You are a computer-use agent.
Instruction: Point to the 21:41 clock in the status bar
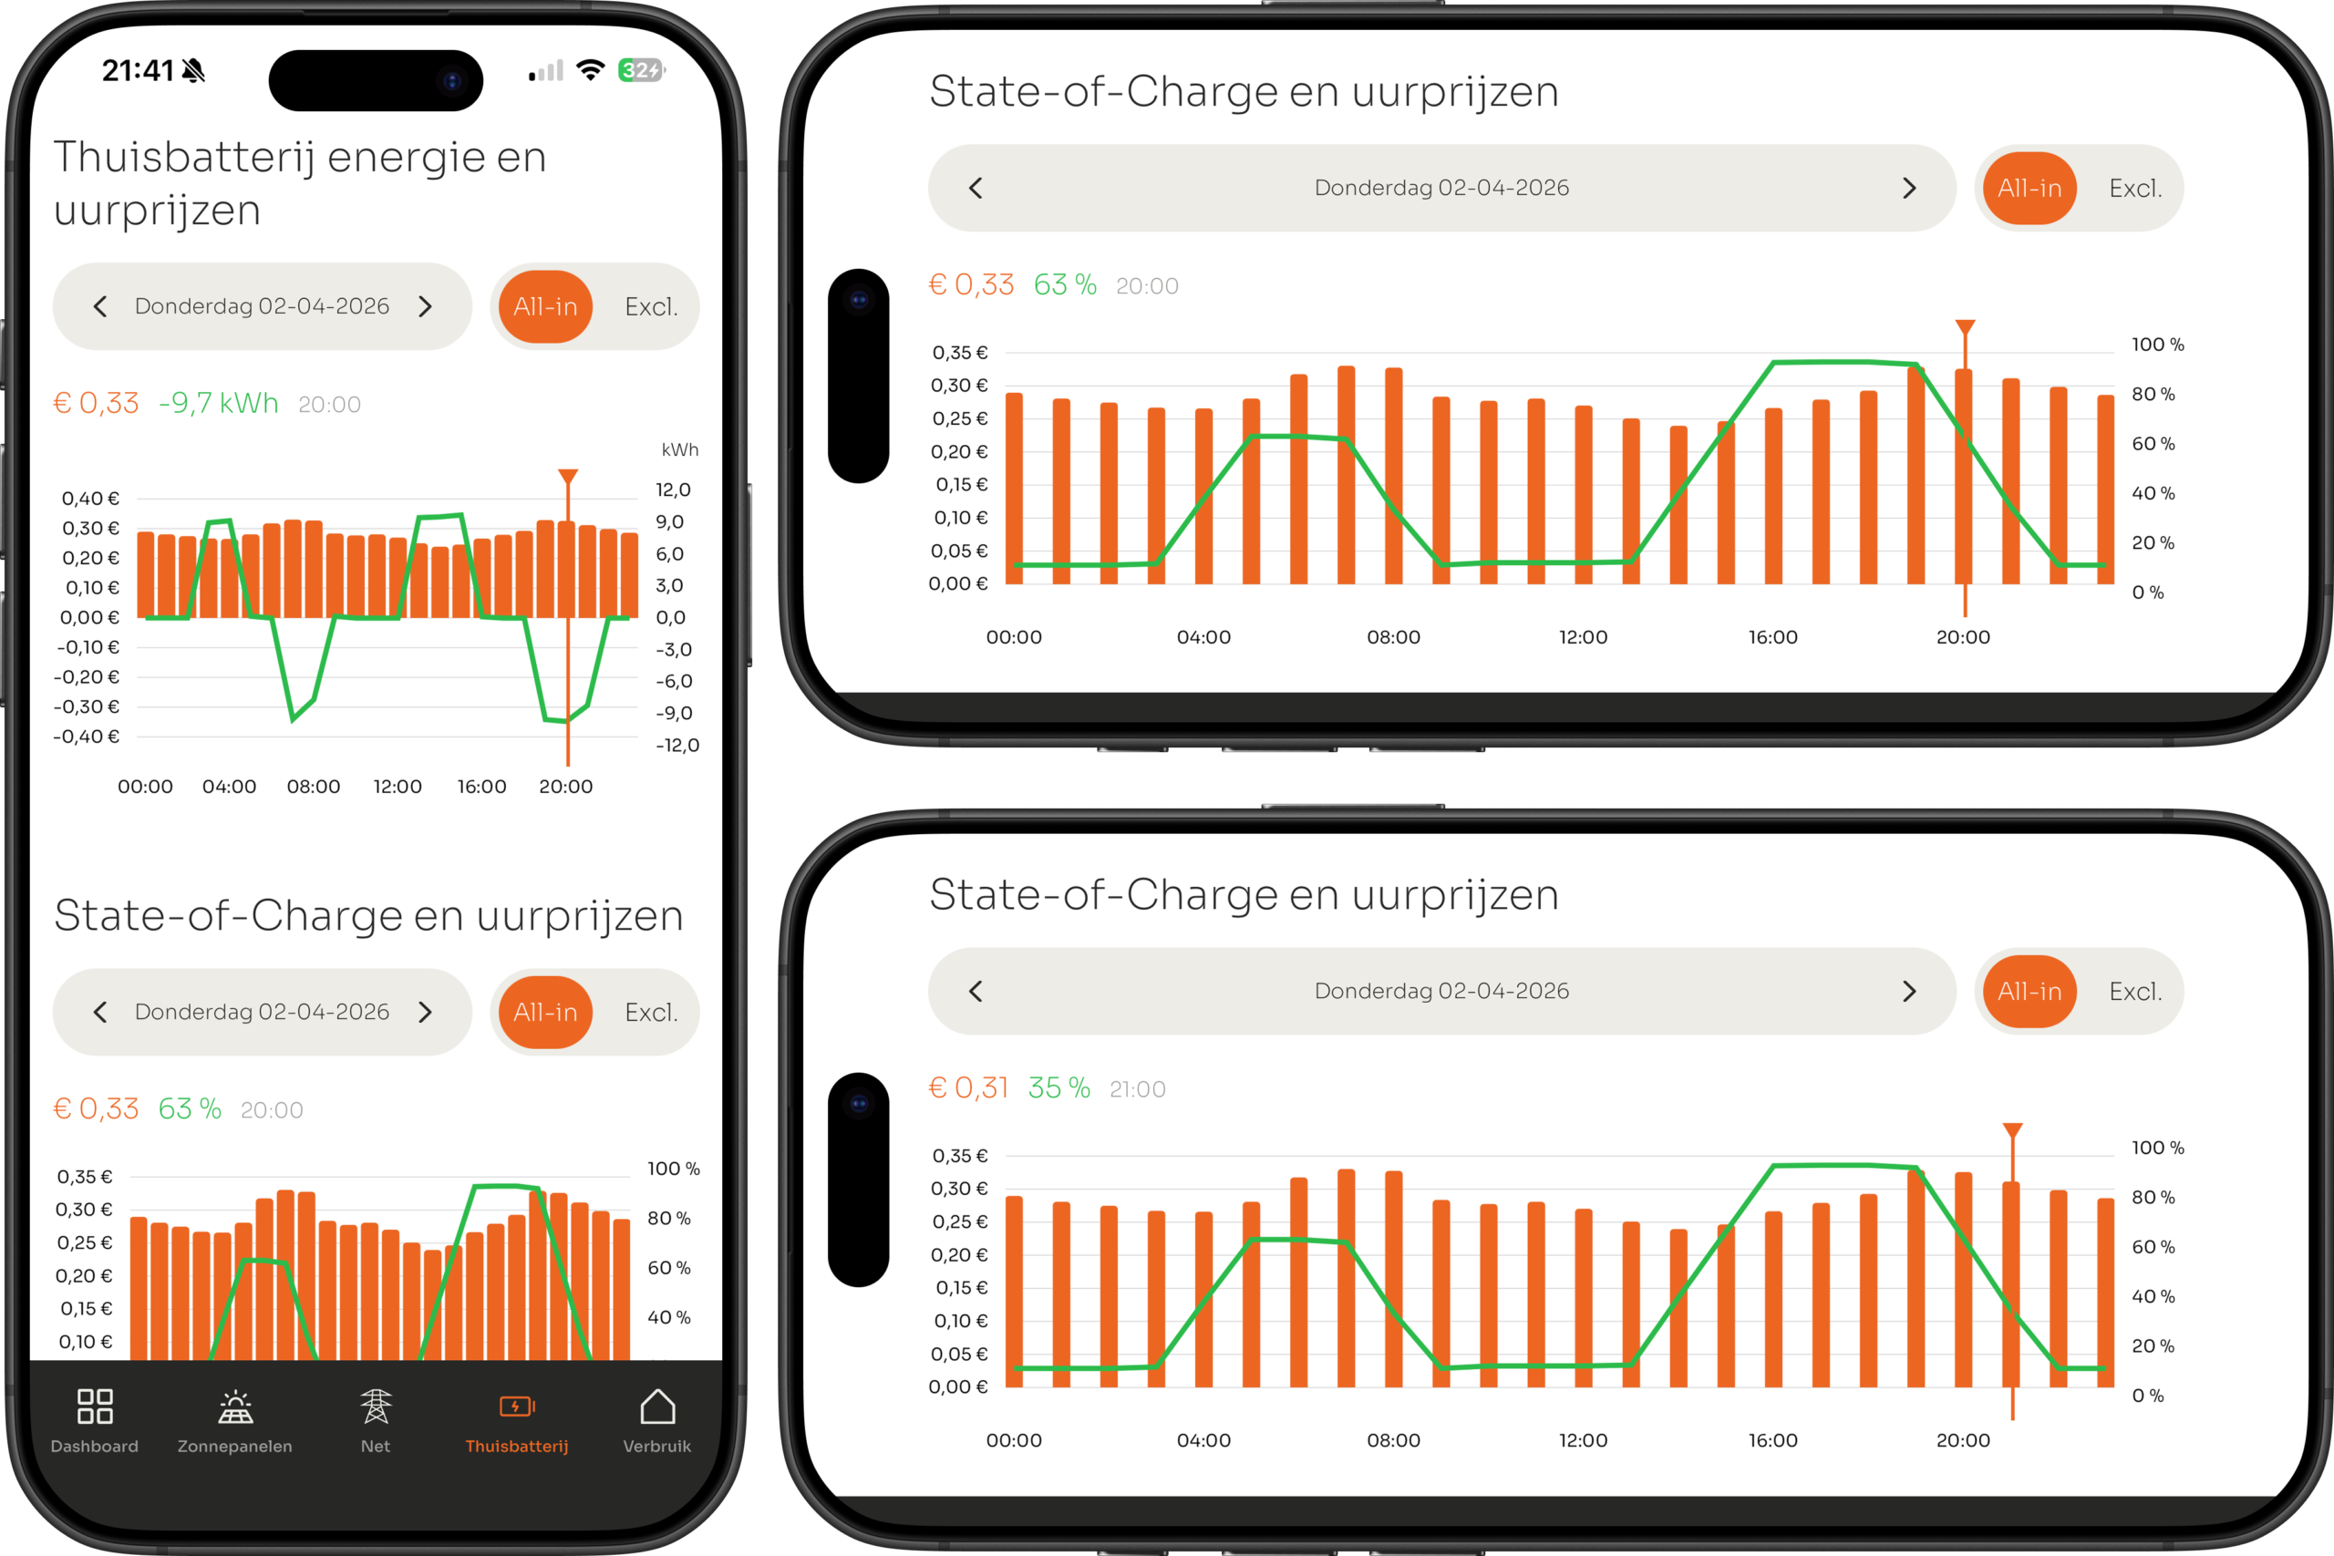[137, 70]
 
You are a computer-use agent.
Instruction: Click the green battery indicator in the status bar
[641, 70]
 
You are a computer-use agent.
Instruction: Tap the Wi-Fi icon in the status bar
[591, 70]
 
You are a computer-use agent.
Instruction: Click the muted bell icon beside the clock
[194, 70]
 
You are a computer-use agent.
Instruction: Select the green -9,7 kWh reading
[218, 403]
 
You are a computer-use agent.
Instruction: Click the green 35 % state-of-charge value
[1059, 1087]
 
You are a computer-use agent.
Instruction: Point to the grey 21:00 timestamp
[1137, 1089]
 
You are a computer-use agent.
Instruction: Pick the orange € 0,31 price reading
[968, 1087]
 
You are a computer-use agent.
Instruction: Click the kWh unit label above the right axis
[680, 449]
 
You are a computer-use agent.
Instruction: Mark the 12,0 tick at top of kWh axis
[673, 489]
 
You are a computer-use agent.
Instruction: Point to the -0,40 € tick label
[87, 737]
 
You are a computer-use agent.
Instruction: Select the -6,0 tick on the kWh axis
[673, 681]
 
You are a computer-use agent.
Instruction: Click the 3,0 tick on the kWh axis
[670, 585]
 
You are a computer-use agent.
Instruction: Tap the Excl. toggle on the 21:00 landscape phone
[2135, 992]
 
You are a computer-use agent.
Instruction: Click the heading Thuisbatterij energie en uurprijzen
[300, 183]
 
